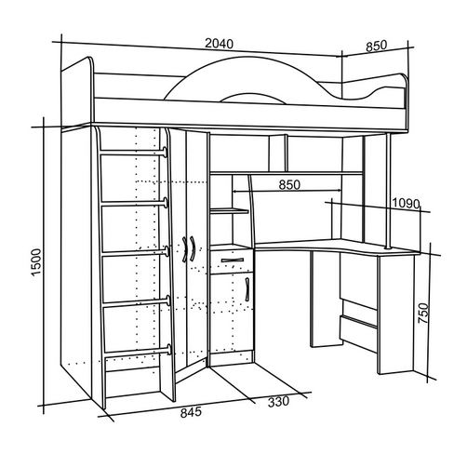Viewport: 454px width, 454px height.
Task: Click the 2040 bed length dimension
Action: click(x=219, y=44)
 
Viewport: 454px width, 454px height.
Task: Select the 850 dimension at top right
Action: click(x=377, y=46)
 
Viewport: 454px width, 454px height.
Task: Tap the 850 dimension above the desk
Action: click(x=289, y=184)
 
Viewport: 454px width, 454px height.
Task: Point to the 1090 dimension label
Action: click(x=406, y=204)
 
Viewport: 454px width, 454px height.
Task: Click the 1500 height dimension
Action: click(x=36, y=261)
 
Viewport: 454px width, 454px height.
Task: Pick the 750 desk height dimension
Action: click(x=423, y=314)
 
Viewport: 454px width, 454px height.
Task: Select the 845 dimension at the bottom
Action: click(x=191, y=413)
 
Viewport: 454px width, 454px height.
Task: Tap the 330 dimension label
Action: click(x=278, y=402)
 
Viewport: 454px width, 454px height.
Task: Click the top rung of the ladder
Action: click(x=134, y=153)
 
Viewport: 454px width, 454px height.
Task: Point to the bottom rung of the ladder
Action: click(x=138, y=352)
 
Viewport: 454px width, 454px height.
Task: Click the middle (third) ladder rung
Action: click(x=135, y=252)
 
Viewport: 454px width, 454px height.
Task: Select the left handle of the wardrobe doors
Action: click(x=184, y=249)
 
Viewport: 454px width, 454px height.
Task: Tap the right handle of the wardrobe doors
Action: click(x=193, y=249)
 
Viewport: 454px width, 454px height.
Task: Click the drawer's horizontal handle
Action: click(x=233, y=260)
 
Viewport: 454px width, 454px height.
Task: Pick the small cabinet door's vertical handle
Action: click(x=247, y=289)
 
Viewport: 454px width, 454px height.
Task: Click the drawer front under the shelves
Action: click(x=232, y=261)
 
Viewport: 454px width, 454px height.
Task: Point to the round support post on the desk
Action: click(x=388, y=192)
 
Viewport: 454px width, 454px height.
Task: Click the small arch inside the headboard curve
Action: click(x=254, y=97)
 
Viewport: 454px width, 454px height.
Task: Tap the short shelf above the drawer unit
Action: click(x=229, y=211)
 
